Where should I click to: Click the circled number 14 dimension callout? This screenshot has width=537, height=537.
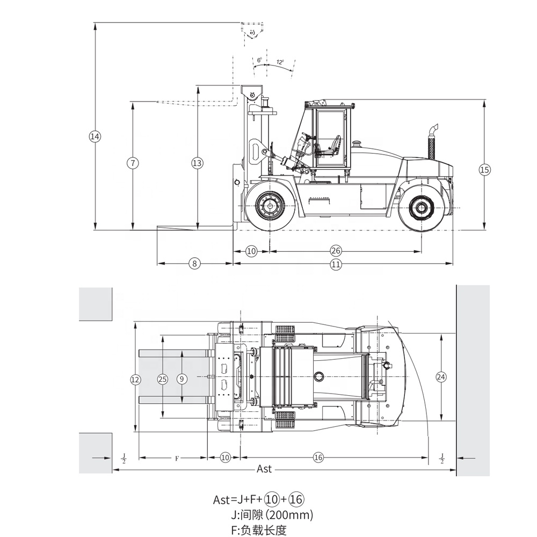click(x=95, y=136)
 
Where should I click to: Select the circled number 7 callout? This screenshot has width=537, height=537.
click(x=133, y=162)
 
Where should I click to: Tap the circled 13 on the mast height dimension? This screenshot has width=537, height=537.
click(x=197, y=162)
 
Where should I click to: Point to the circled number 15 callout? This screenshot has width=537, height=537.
click(x=484, y=170)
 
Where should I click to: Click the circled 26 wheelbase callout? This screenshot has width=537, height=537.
click(x=336, y=251)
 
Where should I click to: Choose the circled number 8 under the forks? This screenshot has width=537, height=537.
click(x=195, y=264)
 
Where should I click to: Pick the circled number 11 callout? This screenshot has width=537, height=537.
click(x=336, y=264)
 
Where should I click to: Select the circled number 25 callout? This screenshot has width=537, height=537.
click(x=162, y=379)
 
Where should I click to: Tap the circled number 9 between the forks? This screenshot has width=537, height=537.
click(x=182, y=379)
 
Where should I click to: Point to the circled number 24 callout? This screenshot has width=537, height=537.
click(x=441, y=377)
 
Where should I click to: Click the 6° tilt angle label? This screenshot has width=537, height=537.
click(x=259, y=60)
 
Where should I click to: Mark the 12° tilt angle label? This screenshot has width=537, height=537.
click(x=280, y=62)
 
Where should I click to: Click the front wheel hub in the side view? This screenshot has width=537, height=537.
click(x=270, y=206)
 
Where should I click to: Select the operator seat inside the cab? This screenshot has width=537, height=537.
click(x=335, y=144)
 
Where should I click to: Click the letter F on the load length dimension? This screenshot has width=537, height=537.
click(x=177, y=459)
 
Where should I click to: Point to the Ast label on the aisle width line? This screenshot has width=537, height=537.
click(x=264, y=469)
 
